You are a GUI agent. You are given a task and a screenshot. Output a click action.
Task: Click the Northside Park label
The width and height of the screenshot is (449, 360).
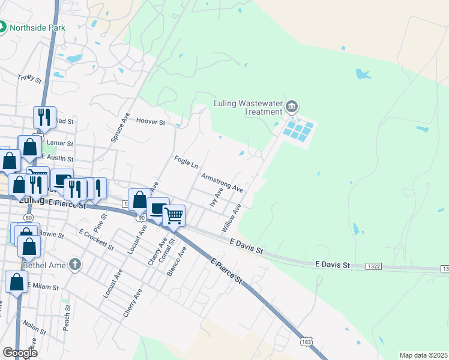(x=40, y=28)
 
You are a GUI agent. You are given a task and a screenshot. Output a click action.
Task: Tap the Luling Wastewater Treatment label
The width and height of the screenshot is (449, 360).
(x=249, y=107)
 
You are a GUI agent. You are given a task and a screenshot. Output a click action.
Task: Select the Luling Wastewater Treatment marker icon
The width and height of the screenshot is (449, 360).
(x=292, y=107)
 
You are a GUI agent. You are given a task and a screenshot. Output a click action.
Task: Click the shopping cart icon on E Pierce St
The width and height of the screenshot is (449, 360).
(x=173, y=214)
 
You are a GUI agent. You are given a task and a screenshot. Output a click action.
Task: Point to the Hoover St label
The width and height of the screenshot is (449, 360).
(x=151, y=121)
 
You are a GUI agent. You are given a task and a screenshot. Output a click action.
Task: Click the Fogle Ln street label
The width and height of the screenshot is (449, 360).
(x=186, y=162)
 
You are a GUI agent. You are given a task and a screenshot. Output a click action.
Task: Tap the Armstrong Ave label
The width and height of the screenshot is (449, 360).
(x=222, y=183)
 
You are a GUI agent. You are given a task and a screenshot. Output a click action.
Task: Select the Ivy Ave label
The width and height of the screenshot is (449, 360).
(x=216, y=197)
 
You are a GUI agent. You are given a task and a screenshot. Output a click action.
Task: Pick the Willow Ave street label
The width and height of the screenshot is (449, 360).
(x=231, y=218)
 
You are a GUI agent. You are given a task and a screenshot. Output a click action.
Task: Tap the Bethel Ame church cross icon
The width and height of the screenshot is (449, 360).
(x=74, y=264)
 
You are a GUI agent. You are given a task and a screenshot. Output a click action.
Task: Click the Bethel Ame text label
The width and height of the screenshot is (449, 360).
(x=43, y=265)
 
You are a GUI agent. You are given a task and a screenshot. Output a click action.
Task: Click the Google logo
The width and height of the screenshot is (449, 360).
(x=20, y=353)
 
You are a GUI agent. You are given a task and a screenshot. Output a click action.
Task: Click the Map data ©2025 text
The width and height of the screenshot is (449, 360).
(x=423, y=355)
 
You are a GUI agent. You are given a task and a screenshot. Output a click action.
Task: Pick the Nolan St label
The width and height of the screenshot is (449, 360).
(x=34, y=328)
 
